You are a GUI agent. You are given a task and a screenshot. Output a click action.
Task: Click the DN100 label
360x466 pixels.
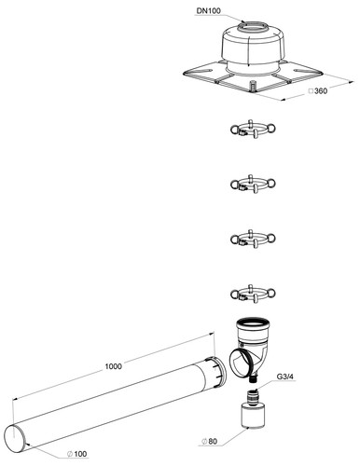[208, 11]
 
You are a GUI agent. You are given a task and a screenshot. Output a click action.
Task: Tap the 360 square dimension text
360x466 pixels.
[318, 91]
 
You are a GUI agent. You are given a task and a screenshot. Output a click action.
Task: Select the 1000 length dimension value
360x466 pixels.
[113, 366]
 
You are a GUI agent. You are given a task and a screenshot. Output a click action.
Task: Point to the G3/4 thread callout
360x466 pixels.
[285, 377]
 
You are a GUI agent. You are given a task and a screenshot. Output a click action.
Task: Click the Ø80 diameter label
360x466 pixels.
[209, 441]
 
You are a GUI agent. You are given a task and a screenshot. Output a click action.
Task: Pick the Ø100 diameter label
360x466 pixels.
[77, 454]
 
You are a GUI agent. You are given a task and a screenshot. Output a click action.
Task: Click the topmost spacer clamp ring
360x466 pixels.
[253, 129]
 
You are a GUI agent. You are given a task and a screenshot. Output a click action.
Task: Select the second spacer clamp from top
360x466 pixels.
[253, 184]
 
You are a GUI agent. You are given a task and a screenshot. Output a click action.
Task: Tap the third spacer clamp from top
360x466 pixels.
[253, 239]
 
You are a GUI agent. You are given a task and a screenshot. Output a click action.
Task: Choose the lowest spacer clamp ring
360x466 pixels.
[253, 294]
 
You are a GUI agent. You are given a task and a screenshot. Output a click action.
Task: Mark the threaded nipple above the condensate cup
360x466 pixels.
[254, 396]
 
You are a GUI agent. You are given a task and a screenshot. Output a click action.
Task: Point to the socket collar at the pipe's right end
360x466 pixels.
[216, 372]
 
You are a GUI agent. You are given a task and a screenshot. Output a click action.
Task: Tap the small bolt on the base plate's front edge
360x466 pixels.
[254, 86]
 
